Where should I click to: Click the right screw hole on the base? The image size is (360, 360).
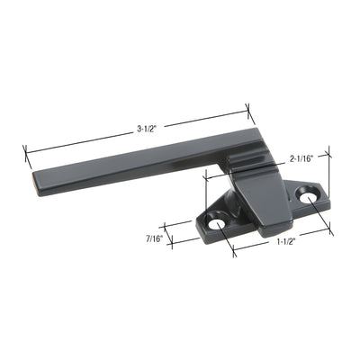point(312,193)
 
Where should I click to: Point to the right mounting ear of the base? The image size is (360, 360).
point(310,194)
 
